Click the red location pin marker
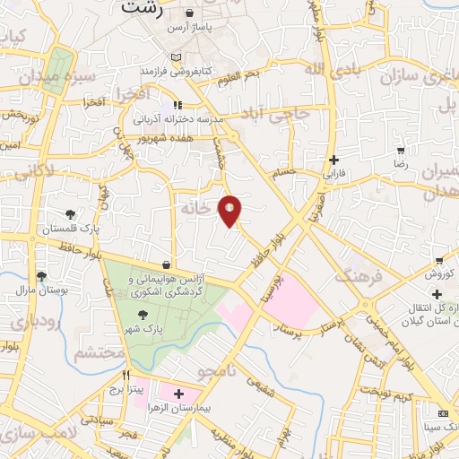tap(230, 210)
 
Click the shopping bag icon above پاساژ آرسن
tap(190, 14)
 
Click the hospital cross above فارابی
tap(333, 158)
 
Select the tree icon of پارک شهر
tap(143, 314)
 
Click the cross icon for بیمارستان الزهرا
tap(179, 394)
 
